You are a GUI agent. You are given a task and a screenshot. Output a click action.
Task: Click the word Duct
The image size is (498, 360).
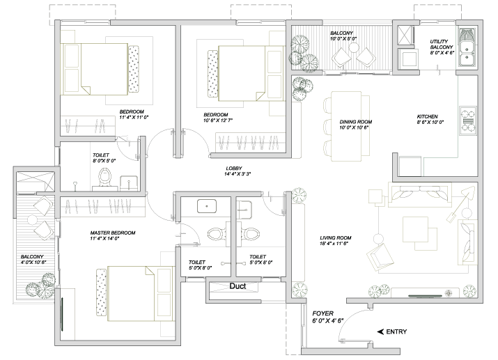238,286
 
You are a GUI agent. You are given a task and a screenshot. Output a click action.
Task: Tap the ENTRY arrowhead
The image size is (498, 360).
380,331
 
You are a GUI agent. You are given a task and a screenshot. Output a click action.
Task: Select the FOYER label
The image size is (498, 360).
323,313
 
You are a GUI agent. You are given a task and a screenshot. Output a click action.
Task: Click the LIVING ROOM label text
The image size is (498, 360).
336,237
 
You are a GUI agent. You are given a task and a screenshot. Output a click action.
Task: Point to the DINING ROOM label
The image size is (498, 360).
356,122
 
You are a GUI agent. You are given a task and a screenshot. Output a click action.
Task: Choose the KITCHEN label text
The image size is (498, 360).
427,116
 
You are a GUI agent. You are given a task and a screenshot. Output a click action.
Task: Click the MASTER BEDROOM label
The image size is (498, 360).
113,233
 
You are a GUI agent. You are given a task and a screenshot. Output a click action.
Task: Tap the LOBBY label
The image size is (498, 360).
234,169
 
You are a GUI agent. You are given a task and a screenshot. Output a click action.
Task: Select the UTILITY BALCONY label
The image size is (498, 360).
441,44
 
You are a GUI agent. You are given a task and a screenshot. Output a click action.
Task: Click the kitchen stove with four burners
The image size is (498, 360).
468,120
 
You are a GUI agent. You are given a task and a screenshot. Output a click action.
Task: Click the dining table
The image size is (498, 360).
346,126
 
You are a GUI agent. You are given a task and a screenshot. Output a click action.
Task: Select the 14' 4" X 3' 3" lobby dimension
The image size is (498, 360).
238,174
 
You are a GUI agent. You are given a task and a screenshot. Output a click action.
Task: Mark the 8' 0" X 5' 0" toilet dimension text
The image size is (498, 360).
104,161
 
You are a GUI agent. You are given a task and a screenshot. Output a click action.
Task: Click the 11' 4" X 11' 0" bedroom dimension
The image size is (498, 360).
134,117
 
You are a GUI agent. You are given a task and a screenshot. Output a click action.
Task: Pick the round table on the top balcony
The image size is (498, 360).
354,47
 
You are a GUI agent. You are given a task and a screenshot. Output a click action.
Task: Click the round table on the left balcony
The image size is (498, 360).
33,219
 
